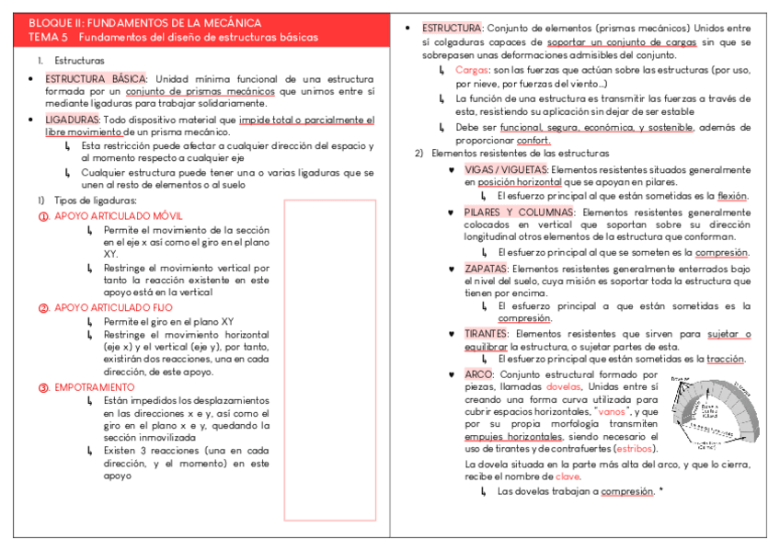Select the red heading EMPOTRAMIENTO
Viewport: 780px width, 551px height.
(93, 387)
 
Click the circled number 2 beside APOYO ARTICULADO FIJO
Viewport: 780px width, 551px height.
(43, 307)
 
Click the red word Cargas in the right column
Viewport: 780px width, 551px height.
(471, 70)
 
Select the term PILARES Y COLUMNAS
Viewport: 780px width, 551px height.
(520, 212)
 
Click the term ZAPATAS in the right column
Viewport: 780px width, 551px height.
(486, 268)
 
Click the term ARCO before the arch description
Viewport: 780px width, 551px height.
(478, 374)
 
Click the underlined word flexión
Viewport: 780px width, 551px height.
(732, 196)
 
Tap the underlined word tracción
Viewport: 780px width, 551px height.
(728, 360)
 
